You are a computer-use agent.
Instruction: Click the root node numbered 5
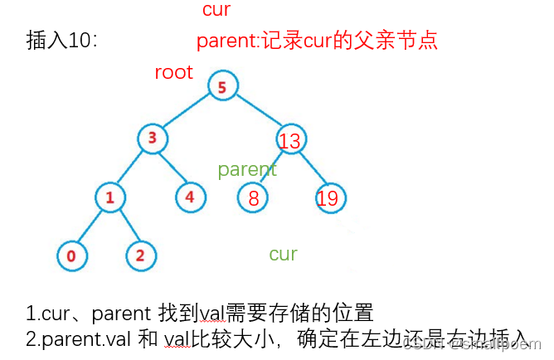click(221, 85)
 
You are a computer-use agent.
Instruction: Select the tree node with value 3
click(152, 138)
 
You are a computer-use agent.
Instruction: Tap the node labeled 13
click(289, 141)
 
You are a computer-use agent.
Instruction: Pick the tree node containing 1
click(109, 197)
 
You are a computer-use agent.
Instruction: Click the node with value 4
click(190, 197)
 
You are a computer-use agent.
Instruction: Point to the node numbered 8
click(253, 197)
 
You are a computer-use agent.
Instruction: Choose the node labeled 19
click(330, 197)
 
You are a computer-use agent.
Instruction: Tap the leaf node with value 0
click(71, 255)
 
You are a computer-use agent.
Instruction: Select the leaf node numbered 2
click(140, 255)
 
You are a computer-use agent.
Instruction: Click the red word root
click(173, 72)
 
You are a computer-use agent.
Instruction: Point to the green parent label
click(246, 170)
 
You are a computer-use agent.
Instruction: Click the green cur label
click(283, 254)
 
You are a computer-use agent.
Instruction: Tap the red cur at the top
click(216, 10)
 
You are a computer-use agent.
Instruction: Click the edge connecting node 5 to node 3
click(186, 112)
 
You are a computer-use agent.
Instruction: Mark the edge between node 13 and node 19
click(311, 170)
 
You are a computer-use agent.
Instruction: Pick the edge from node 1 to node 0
click(90, 227)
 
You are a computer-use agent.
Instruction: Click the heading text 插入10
click(62, 41)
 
